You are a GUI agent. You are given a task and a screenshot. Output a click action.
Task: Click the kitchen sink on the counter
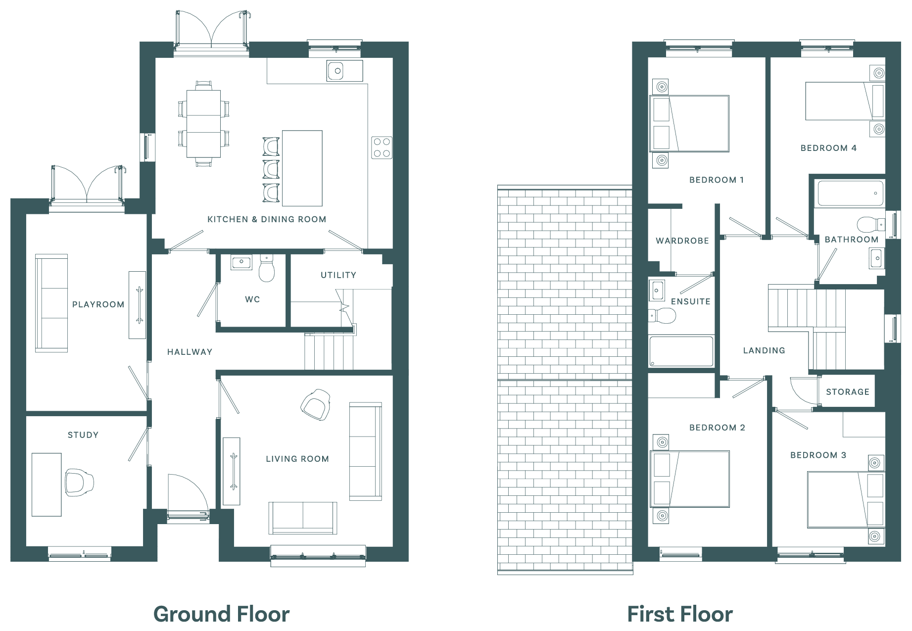pyautogui.click(x=344, y=71)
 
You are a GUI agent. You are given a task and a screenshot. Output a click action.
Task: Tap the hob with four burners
pyautogui.click(x=382, y=147)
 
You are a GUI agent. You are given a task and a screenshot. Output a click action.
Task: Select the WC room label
pyautogui.click(x=252, y=299)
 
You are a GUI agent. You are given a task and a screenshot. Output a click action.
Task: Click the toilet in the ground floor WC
pyautogui.click(x=267, y=269)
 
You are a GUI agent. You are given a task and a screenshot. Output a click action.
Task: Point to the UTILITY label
pyautogui.click(x=338, y=275)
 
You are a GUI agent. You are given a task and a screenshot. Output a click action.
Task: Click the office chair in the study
pyautogui.click(x=79, y=482)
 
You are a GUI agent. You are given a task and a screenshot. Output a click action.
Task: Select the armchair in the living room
pyautogui.click(x=316, y=405)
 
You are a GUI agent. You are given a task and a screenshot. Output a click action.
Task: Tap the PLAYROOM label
pyautogui.click(x=98, y=304)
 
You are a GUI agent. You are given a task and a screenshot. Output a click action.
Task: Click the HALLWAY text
pyautogui.click(x=190, y=352)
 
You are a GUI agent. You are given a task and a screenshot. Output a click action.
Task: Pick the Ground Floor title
pyautogui.click(x=222, y=614)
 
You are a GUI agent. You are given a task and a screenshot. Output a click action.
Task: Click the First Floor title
pyautogui.click(x=680, y=614)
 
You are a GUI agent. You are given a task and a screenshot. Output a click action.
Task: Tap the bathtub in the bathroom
pyautogui.click(x=851, y=194)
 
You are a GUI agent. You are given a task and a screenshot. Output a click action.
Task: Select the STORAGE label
pyautogui.click(x=848, y=392)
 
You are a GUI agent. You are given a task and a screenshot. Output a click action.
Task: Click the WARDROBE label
pyautogui.click(x=682, y=241)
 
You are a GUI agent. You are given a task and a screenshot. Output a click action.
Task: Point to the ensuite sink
pyautogui.click(x=657, y=291)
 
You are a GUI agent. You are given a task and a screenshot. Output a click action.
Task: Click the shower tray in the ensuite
pyautogui.click(x=681, y=352)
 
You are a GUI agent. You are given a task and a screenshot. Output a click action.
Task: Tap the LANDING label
pyautogui.click(x=764, y=350)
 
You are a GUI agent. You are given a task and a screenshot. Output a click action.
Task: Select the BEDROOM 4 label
pyautogui.click(x=829, y=148)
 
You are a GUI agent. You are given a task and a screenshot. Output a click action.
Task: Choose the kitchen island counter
pyautogui.click(x=302, y=168)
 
